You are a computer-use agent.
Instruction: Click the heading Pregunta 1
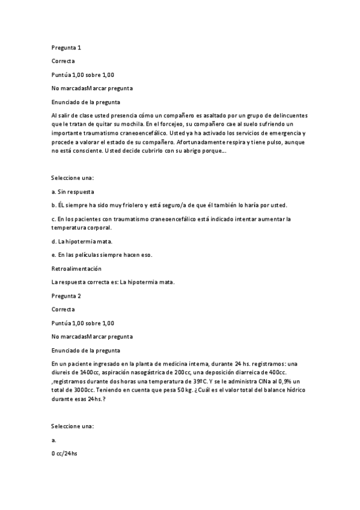tap(67, 48)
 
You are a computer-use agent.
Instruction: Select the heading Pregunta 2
tap(67, 296)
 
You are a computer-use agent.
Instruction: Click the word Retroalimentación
tap(77, 268)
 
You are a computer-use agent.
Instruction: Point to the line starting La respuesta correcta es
tap(114, 282)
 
